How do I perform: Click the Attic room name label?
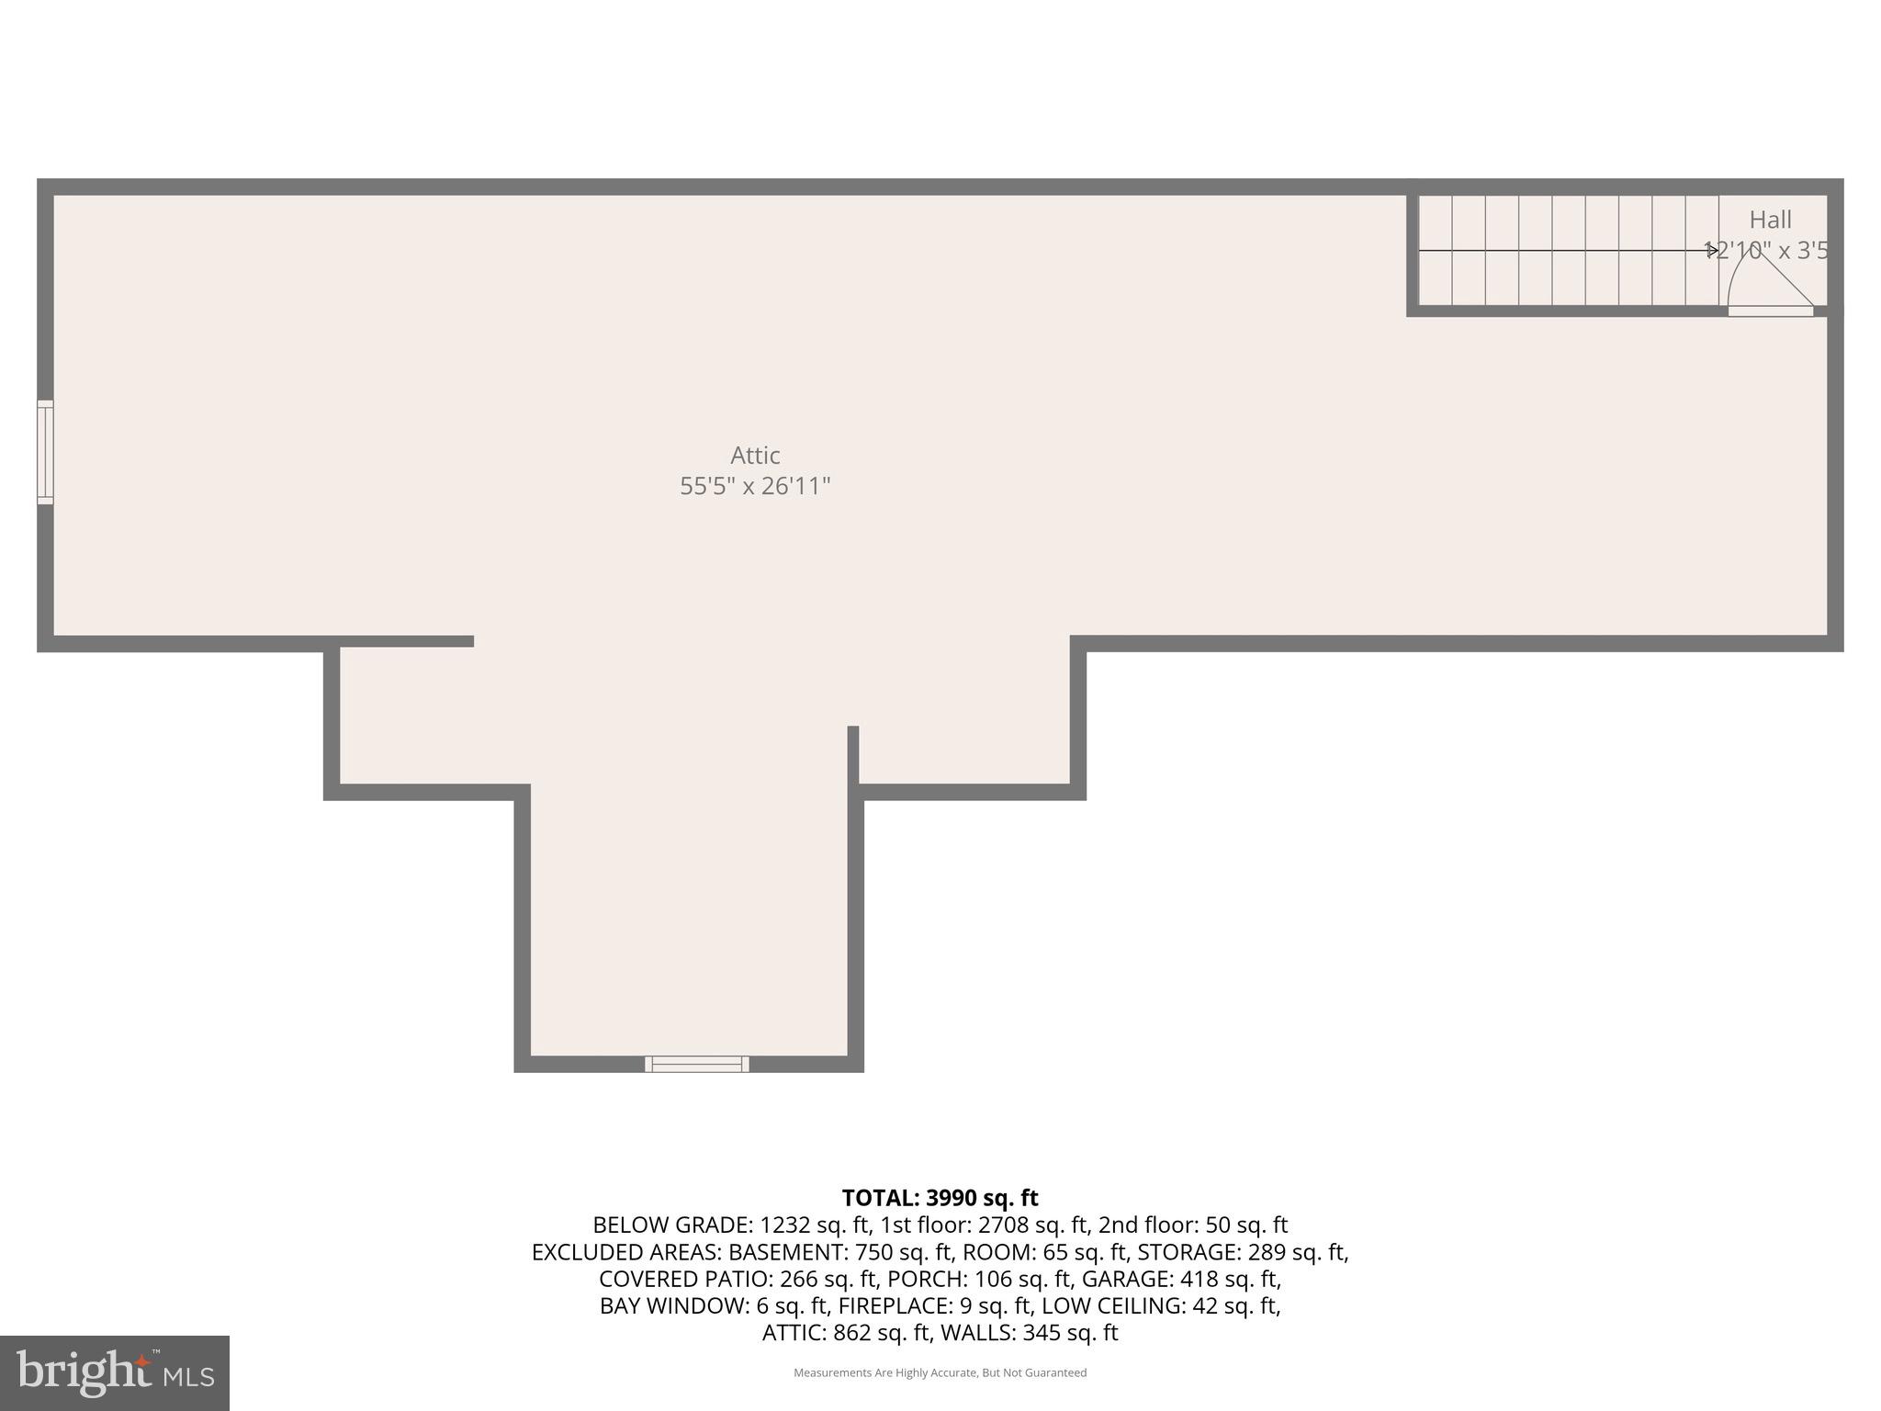click(755, 456)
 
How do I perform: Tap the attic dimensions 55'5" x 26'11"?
click(755, 486)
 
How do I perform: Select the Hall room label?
click(1770, 220)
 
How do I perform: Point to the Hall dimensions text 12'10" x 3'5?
click(1766, 251)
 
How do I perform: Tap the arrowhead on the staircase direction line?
click(1712, 250)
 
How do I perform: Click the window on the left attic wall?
click(45, 452)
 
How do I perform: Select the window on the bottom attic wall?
click(697, 1064)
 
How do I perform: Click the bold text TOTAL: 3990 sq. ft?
click(940, 1198)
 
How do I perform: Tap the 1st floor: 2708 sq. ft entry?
click(985, 1225)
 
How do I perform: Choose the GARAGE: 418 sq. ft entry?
click(1181, 1279)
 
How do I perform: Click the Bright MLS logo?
click(114, 1373)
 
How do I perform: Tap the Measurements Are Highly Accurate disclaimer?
click(940, 1372)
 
